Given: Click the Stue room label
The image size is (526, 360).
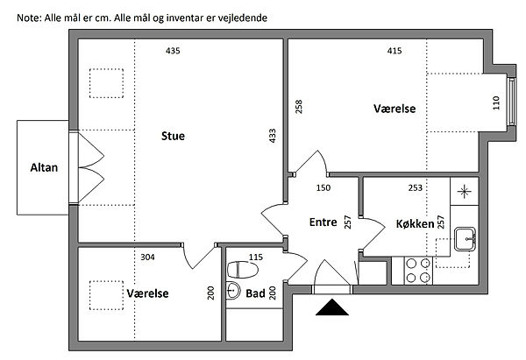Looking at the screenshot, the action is (173, 136).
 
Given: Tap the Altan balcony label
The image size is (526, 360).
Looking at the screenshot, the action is (44, 167).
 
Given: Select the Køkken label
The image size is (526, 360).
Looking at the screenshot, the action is (415, 223).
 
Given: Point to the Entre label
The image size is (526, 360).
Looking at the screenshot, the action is (323, 222).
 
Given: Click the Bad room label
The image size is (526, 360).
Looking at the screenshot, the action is (255, 293).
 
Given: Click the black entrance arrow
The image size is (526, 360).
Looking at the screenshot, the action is (332, 307).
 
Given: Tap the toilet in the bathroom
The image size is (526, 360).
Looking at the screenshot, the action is (243, 270).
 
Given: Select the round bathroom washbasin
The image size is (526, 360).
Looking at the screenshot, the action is (233, 290).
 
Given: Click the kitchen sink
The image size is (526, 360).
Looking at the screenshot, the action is (465, 239).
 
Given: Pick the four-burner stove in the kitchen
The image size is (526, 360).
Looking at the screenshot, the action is (418, 271).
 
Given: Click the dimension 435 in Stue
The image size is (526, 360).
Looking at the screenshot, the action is (173, 51).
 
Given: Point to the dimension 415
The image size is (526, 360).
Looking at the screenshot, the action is (394, 51).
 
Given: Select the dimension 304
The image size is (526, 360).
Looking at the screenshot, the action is (147, 258).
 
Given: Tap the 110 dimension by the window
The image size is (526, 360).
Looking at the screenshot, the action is (496, 102).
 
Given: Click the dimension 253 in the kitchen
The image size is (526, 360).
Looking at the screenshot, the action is (415, 187).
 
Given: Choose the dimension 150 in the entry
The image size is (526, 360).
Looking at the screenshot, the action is (323, 187).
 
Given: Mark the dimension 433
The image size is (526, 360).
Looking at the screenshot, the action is (273, 136).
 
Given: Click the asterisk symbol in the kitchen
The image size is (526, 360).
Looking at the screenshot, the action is (465, 192).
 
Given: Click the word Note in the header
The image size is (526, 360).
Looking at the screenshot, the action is (30, 18).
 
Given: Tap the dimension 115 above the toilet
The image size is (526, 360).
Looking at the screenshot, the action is (256, 258).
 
